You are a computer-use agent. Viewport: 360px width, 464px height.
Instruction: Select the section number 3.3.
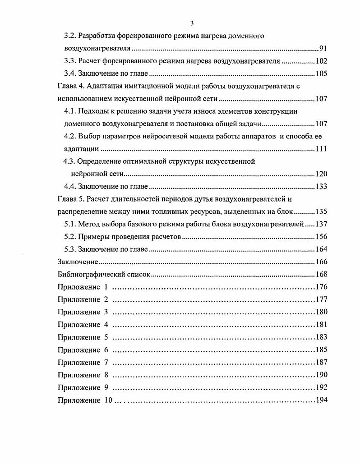pos(70,61)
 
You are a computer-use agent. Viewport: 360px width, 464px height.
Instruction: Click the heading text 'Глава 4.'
pos(71,86)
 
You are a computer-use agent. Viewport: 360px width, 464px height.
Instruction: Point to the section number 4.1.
pos(70,111)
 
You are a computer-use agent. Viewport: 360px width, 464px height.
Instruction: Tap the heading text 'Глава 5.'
pos(71,199)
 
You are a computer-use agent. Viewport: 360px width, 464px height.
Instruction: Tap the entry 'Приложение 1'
pos(83,287)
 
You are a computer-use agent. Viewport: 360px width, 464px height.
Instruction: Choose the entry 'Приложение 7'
pos(83,362)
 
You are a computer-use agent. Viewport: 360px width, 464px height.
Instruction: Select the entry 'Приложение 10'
pos(85,400)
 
